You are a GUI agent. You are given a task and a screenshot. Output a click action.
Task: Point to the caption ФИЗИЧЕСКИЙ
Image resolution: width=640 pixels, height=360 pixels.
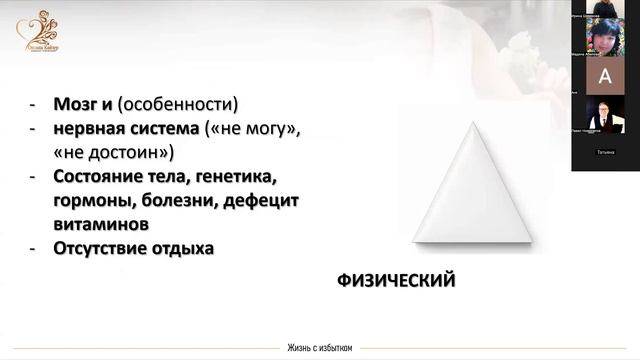[396, 281]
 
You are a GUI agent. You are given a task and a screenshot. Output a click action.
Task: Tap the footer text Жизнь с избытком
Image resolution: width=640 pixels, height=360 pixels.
[319, 348]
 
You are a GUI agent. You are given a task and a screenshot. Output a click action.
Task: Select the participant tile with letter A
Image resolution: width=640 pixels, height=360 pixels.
[603, 76]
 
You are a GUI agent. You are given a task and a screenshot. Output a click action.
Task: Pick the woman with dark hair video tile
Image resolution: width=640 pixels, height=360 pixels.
[603, 40]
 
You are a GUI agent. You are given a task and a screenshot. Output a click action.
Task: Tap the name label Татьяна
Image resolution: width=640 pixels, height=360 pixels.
[604, 152]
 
